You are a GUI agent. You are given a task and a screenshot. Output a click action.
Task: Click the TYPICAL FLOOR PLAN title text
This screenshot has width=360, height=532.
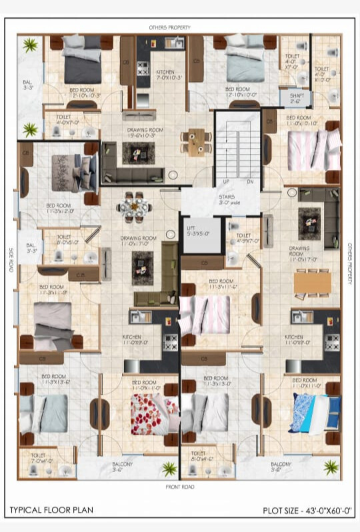point(51,511)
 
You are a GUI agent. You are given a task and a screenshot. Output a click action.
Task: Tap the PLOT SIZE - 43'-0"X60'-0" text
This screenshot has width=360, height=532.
point(307,511)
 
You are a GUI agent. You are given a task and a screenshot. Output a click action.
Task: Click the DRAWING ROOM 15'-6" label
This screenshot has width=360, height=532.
point(146,133)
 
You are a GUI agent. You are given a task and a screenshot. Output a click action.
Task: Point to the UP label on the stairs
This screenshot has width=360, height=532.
point(226,181)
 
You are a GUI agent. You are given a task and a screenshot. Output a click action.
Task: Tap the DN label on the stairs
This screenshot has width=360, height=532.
point(249,181)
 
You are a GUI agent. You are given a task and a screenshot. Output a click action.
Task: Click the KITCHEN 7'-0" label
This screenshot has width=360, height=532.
point(165,74)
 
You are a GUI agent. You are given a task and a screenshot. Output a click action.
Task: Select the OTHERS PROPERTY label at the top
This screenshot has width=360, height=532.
point(169,27)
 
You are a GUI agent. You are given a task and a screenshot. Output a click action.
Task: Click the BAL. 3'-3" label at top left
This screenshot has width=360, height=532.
point(28,85)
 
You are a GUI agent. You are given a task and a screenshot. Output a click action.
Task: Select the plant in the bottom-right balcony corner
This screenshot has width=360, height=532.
point(331,467)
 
